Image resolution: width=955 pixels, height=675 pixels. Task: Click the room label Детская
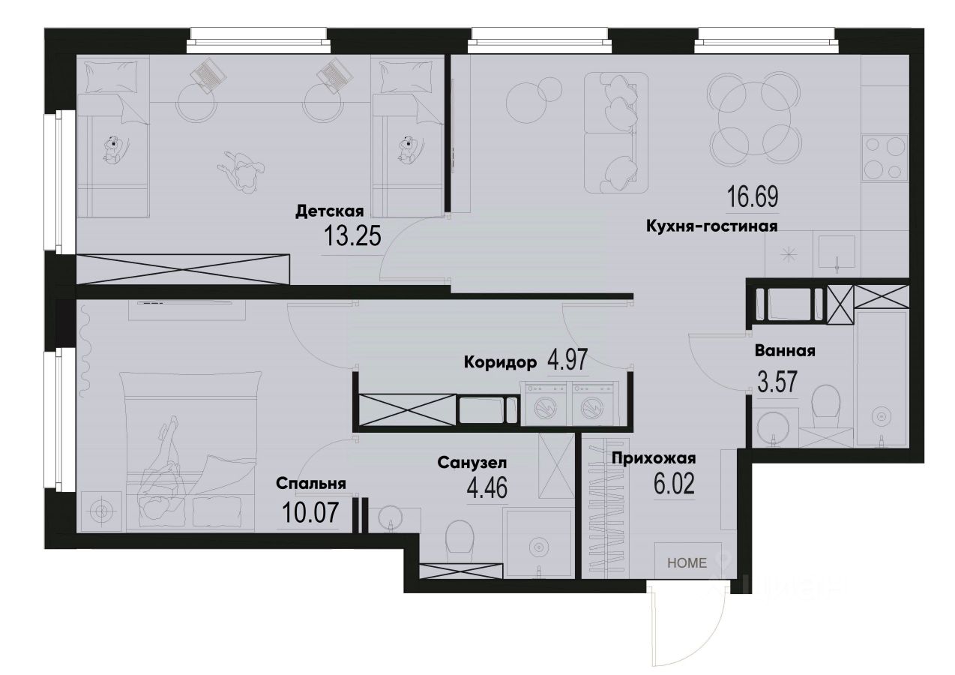pyautogui.click(x=329, y=211)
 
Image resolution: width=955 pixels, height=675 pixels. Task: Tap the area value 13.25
pyautogui.click(x=352, y=237)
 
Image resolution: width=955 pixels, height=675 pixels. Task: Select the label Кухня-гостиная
pyautogui.click(x=711, y=225)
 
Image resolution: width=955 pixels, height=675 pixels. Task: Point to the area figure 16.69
pyautogui.click(x=753, y=198)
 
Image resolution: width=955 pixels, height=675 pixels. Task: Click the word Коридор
pyautogui.click(x=500, y=363)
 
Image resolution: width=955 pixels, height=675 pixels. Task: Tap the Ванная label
pyautogui.click(x=785, y=350)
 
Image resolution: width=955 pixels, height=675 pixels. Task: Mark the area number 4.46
pyautogui.click(x=486, y=489)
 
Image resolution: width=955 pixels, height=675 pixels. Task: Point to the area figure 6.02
pyautogui.click(x=672, y=484)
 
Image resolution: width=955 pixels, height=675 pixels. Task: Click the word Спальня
pyautogui.click(x=310, y=484)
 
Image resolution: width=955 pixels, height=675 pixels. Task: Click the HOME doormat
pyautogui.click(x=687, y=562)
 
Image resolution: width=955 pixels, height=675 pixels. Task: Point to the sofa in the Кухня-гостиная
pyautogui.click(x=615, y=133)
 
